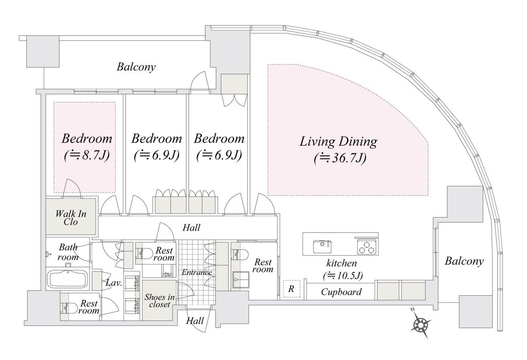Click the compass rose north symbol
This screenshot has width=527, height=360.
(421, 323)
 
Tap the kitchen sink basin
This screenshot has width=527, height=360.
(322, 247)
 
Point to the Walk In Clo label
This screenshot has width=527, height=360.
(71, 218)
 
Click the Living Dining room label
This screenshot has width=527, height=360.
(338, 141)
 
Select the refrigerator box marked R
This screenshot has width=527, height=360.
(291, 289)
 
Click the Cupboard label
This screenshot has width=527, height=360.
(341, 292)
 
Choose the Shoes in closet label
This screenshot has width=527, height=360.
(160, 300)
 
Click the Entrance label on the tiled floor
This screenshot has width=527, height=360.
(197, 272)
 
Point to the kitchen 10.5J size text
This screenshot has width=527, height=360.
(342, 276)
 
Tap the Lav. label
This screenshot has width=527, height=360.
(114, 283)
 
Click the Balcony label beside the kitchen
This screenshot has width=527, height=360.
(464, 261)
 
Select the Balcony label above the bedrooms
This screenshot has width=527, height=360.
(136, 66)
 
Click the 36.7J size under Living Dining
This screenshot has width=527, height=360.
(340, 158)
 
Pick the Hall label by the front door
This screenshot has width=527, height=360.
(195, 321)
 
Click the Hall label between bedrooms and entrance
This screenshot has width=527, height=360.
(191, 228)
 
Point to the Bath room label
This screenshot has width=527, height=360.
(68, 252)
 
